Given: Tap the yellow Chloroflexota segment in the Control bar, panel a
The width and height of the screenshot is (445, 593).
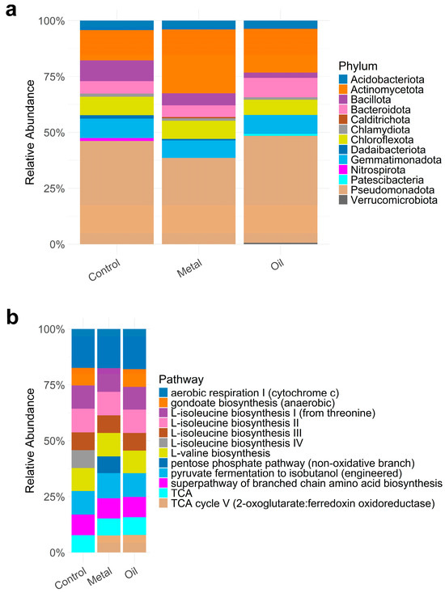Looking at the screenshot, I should point(117,106).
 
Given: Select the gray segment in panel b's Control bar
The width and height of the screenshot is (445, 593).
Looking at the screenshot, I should point(83,459).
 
